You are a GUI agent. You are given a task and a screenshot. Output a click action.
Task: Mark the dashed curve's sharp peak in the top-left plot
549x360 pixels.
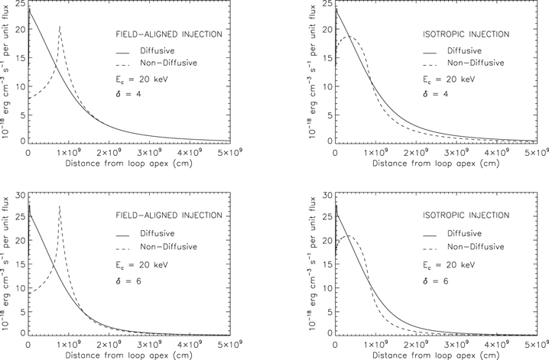pyautogui.click(x=60, y=27)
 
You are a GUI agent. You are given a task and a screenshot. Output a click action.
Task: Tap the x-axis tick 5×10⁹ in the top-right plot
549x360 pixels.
pyautogui.click(x=534, y=152)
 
